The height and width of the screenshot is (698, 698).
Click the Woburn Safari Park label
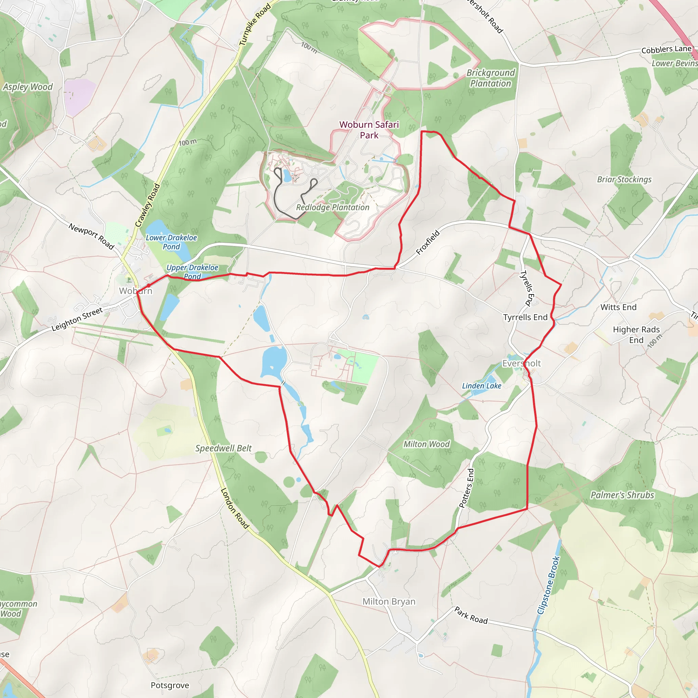369,130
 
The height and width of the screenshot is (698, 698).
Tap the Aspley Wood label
28,87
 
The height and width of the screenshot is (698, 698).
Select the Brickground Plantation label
491,78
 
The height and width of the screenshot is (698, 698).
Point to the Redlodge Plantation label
333,207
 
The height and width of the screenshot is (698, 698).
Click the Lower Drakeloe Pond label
171,242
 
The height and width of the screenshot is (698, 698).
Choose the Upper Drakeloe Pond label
192,272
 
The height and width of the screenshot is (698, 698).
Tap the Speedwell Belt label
224,449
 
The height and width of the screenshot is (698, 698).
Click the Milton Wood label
427,444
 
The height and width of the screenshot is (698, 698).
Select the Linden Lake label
482,386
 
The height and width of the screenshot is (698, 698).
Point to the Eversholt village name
521,363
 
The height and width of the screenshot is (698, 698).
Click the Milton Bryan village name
389,602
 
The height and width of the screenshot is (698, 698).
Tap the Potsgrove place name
170,685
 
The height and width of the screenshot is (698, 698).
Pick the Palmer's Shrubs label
622,495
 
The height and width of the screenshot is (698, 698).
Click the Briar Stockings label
624,180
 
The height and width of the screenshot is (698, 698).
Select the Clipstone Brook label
548,585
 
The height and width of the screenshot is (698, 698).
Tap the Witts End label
619,307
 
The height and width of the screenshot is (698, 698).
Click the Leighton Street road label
77,319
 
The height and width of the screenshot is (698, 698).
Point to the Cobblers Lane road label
666,49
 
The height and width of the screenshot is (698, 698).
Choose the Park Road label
471,615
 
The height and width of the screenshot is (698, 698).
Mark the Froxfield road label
428,242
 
